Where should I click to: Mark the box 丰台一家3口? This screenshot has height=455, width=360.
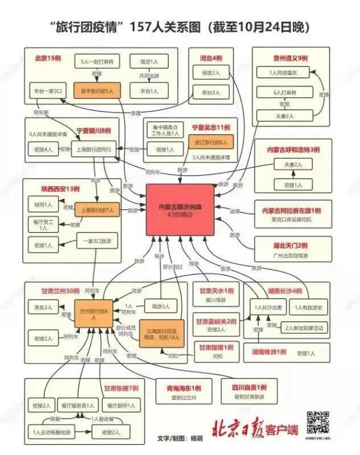point(49,92)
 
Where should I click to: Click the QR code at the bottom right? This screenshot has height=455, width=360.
point(319,423)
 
